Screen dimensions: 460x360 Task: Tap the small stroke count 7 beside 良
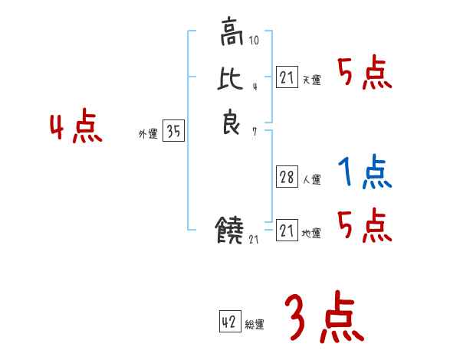pyautogui.click(x=254, y=132)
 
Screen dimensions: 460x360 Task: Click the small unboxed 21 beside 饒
pyautogui.click(x=255, y=240)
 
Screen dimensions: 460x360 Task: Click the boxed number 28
pyautogui.click(x=287, y=178)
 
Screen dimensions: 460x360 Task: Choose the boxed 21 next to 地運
pyautogui.click(x=287, y=230)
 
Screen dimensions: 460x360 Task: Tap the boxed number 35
pyautogui.click(x=173, y=132)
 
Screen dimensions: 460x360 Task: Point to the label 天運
pyautogui.click(x=311, y=80)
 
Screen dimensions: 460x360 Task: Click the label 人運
pyautogui.click(x=311, y=181)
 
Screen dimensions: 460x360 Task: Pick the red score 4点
pyautogui.click(x=75, y=126)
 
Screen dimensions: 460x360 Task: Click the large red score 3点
pyautogui.click(x=322, y=318)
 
